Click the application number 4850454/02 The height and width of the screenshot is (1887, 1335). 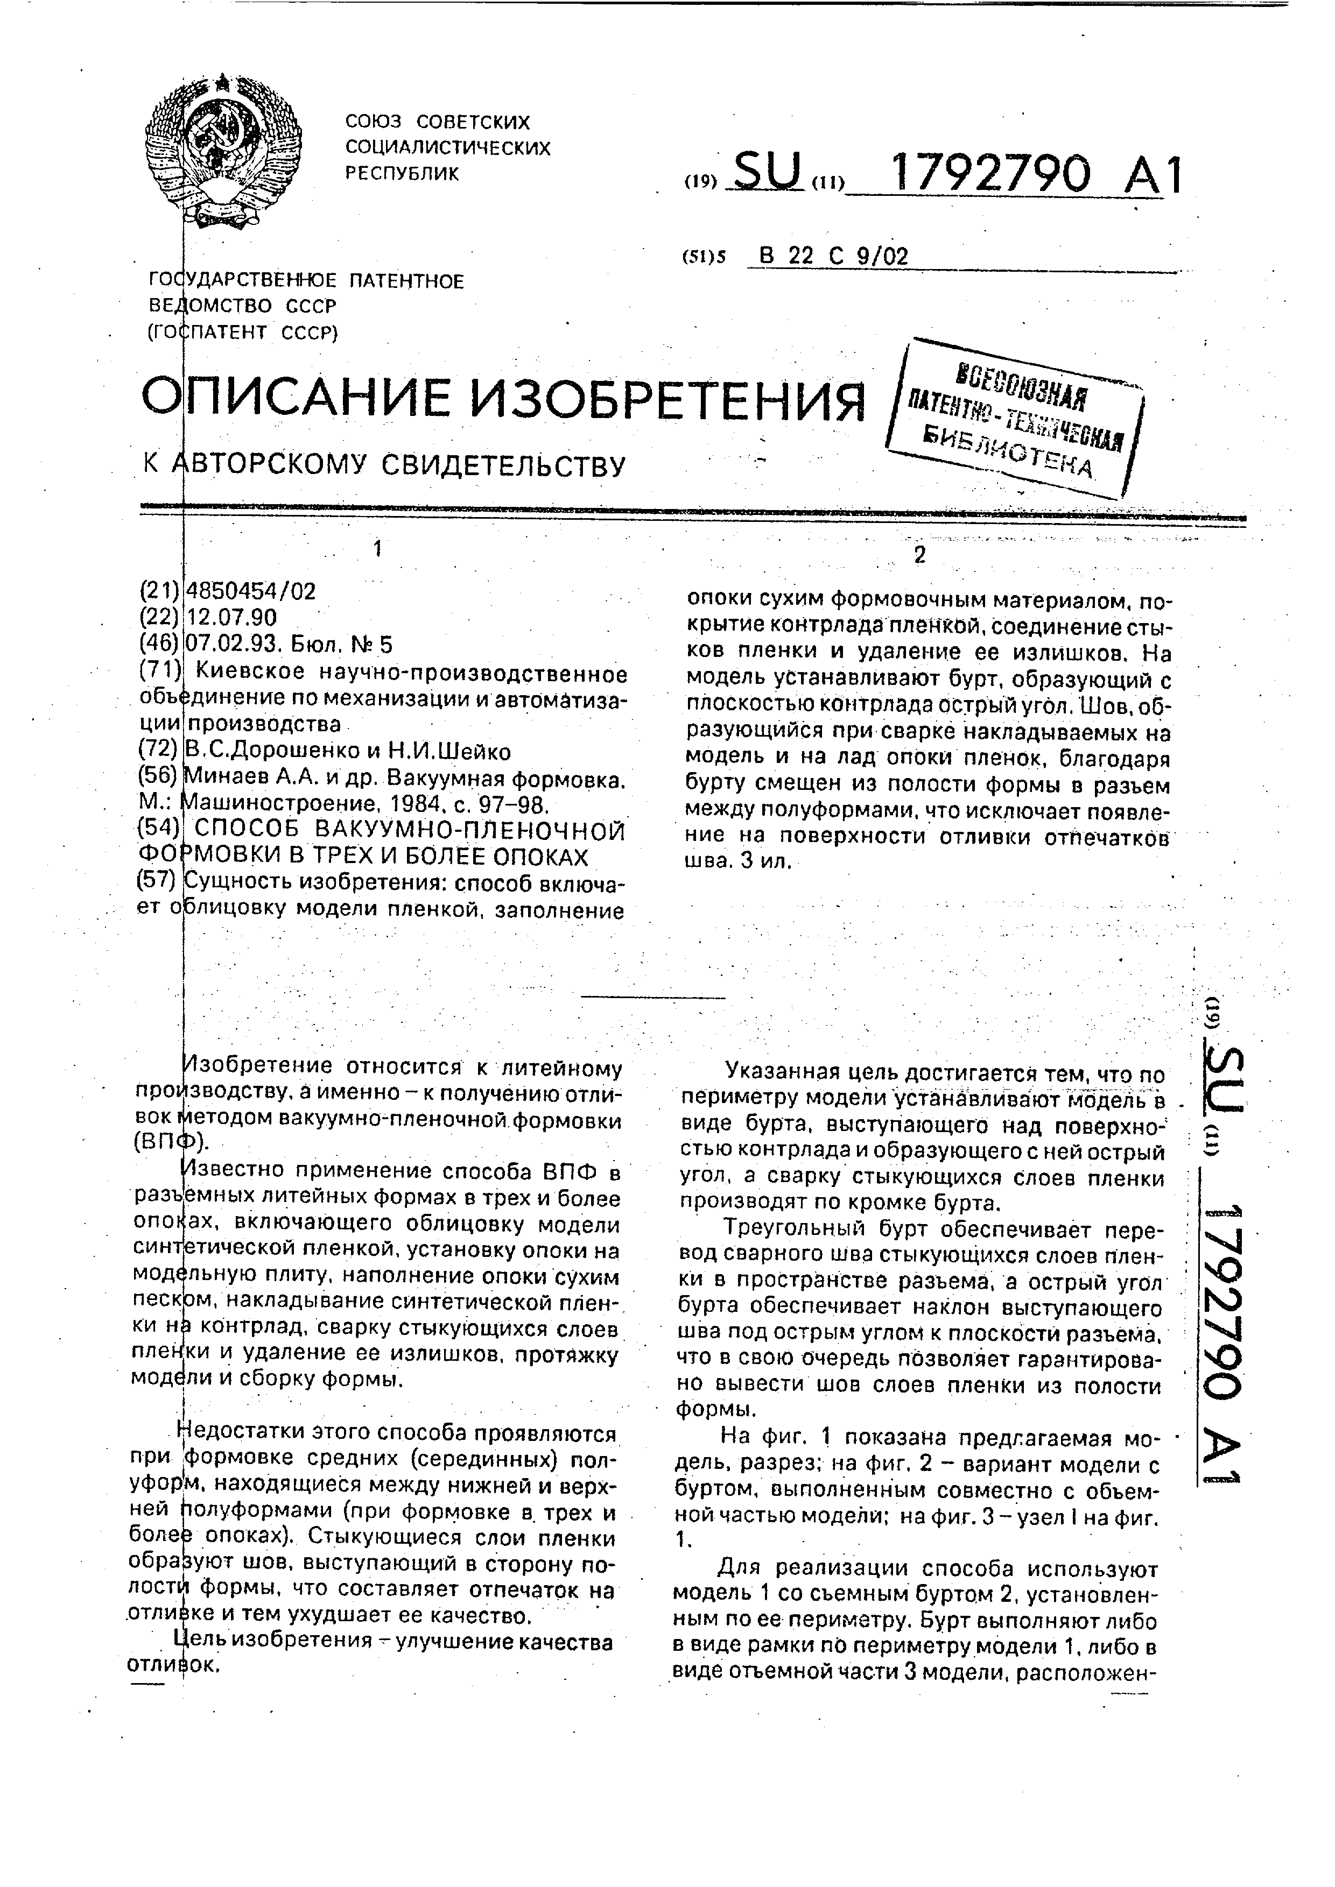pyautogui.click(x=251, y=592)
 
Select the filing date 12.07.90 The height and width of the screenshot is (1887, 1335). pyautogui.click(x=233, y=618)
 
